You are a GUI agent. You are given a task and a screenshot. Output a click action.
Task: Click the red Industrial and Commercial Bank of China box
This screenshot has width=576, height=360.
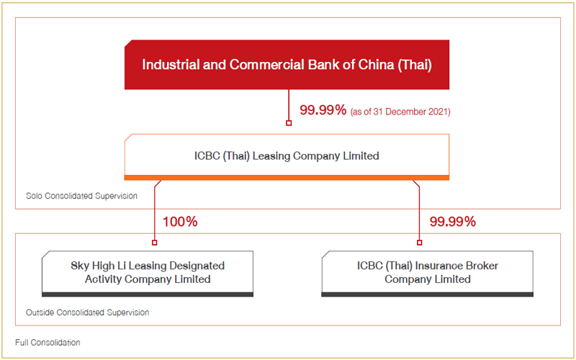pyautogui.click(x=287, y=65)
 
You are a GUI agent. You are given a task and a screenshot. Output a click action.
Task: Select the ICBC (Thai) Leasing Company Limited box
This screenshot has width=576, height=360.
pyautogui.click(x=287, y=157)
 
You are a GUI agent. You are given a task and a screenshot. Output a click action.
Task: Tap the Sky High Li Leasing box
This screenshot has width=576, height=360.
pyautogui.click(x=148, y=274)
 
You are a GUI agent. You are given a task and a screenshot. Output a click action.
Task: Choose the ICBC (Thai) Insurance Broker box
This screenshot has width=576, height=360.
pyautogui.click(x=427, y=274)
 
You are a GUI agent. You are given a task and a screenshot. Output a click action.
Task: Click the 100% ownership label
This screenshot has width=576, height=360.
pyautogui.click(x=180, y=222)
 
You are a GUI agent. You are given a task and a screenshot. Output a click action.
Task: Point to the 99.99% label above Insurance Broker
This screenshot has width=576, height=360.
pyautogui.click(x=453, y=222)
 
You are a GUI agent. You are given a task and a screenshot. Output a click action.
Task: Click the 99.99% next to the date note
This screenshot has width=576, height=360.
pyautogui.click(x=323, y=110)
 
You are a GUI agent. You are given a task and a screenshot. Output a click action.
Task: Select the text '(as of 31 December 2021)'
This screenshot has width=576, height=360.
pyautogui.click(x=400, y=111)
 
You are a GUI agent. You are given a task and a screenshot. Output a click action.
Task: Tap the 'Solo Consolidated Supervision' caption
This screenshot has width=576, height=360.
pyautogui.click(x=81, y=196)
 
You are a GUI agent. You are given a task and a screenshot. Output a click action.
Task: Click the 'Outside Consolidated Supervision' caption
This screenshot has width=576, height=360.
pyautogui.click(x=87, y=312)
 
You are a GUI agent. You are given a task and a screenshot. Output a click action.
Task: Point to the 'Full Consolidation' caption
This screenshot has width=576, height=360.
pyautogui.click(x=48, y=343)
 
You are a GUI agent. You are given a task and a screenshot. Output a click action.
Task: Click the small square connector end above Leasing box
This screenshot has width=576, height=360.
pyautogui.click(x=289, y=123)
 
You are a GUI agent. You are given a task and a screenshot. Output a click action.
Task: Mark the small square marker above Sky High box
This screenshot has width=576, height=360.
pyautogui.click(x=155, y=243)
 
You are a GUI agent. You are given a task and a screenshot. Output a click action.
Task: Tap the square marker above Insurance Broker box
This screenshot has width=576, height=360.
pyautogui.click(x=420, y=243)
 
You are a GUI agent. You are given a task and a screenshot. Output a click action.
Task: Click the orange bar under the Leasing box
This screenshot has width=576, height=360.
pyautogui.click(x=287, y=178)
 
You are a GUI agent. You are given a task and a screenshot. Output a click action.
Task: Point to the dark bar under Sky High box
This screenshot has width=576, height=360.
pyautogui.click(x=148, y=294)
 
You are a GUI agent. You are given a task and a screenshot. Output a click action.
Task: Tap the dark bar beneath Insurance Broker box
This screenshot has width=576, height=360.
pyautogui.click(x=427, y=294)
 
